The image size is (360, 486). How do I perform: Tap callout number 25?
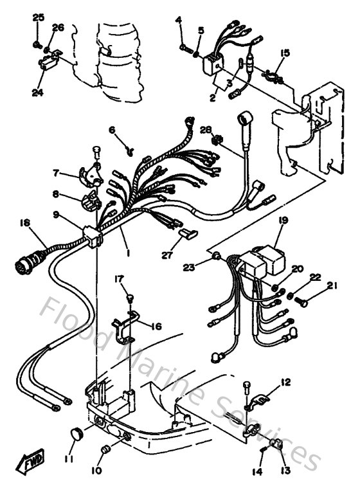pyautogui.click(x=38, y=17)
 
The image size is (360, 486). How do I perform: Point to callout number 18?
pyautogui.click(x=24, y=223)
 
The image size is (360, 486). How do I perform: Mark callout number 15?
pyautogui.click(x=285, y=52)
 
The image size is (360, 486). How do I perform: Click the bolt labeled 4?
pyautogui.click(x=185, y=46)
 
